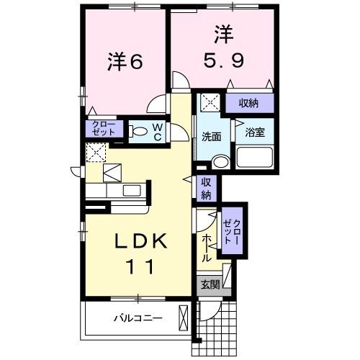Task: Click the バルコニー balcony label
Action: click(137, 318)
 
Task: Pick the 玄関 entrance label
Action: click(210, 285)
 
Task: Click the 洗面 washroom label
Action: click(211, 136)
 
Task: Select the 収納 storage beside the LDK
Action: click(206, 189)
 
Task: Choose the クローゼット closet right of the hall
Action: click(233, 231)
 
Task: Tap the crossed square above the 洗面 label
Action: click(210, 103)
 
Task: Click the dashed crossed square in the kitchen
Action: click(96, 153)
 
